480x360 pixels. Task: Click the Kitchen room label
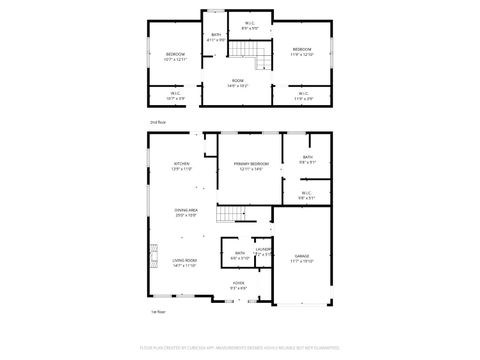182,166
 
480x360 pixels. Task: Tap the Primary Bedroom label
249,166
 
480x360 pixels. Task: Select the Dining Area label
186,212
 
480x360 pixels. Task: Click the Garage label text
302,258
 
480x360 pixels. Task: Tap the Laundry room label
263,252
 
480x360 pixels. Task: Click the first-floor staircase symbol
231,212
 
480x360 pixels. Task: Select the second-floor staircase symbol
262,63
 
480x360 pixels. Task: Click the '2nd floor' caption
158,121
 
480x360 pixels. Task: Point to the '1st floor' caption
158,310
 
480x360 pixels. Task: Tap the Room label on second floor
238,83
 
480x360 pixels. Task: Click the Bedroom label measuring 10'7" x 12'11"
175,57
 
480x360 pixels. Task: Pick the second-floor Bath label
216,37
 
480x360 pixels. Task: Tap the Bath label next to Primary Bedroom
308,159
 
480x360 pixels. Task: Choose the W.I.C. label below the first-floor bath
307,196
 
